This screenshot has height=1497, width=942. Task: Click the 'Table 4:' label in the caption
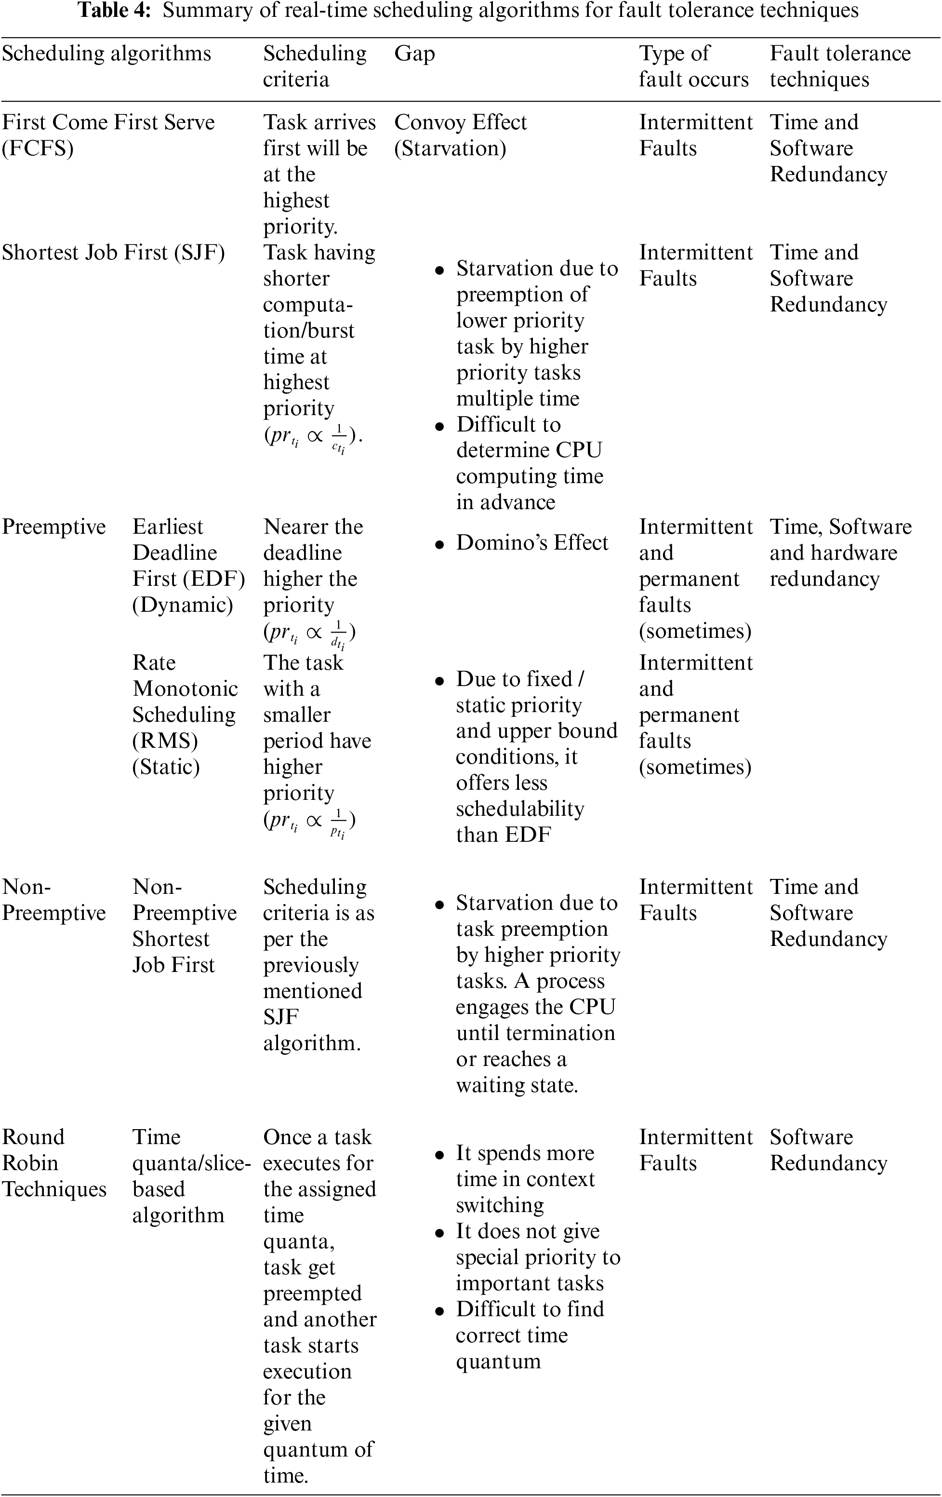click(x=114, y=11)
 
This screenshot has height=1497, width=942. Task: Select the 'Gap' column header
click(x=414, y=54)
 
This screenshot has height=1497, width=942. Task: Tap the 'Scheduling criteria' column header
click(x=315, y=66)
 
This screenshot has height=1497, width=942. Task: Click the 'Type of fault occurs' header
click(x=693, y=66)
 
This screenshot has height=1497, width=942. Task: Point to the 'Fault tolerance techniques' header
click(x=840, y=66)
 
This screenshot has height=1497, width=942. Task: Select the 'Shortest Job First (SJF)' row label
click(x=113, y=253)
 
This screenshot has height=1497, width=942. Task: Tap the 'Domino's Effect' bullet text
click(x=532, y=543)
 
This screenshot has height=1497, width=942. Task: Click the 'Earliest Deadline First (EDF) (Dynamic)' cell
click(x=188, y=566)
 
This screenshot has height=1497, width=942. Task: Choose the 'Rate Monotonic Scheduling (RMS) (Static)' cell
click(x=185, y=715)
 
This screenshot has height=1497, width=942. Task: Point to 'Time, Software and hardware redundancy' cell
click(x=840, y=553)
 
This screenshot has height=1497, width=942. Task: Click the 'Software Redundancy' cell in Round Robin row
click(x=828, y=1149)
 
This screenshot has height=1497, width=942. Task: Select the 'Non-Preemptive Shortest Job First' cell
click(x=185, y=926)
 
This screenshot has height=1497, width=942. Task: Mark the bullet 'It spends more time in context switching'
click(x=525, y=1179)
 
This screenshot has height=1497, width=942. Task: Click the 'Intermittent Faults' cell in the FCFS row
click(x=695, y=135)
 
